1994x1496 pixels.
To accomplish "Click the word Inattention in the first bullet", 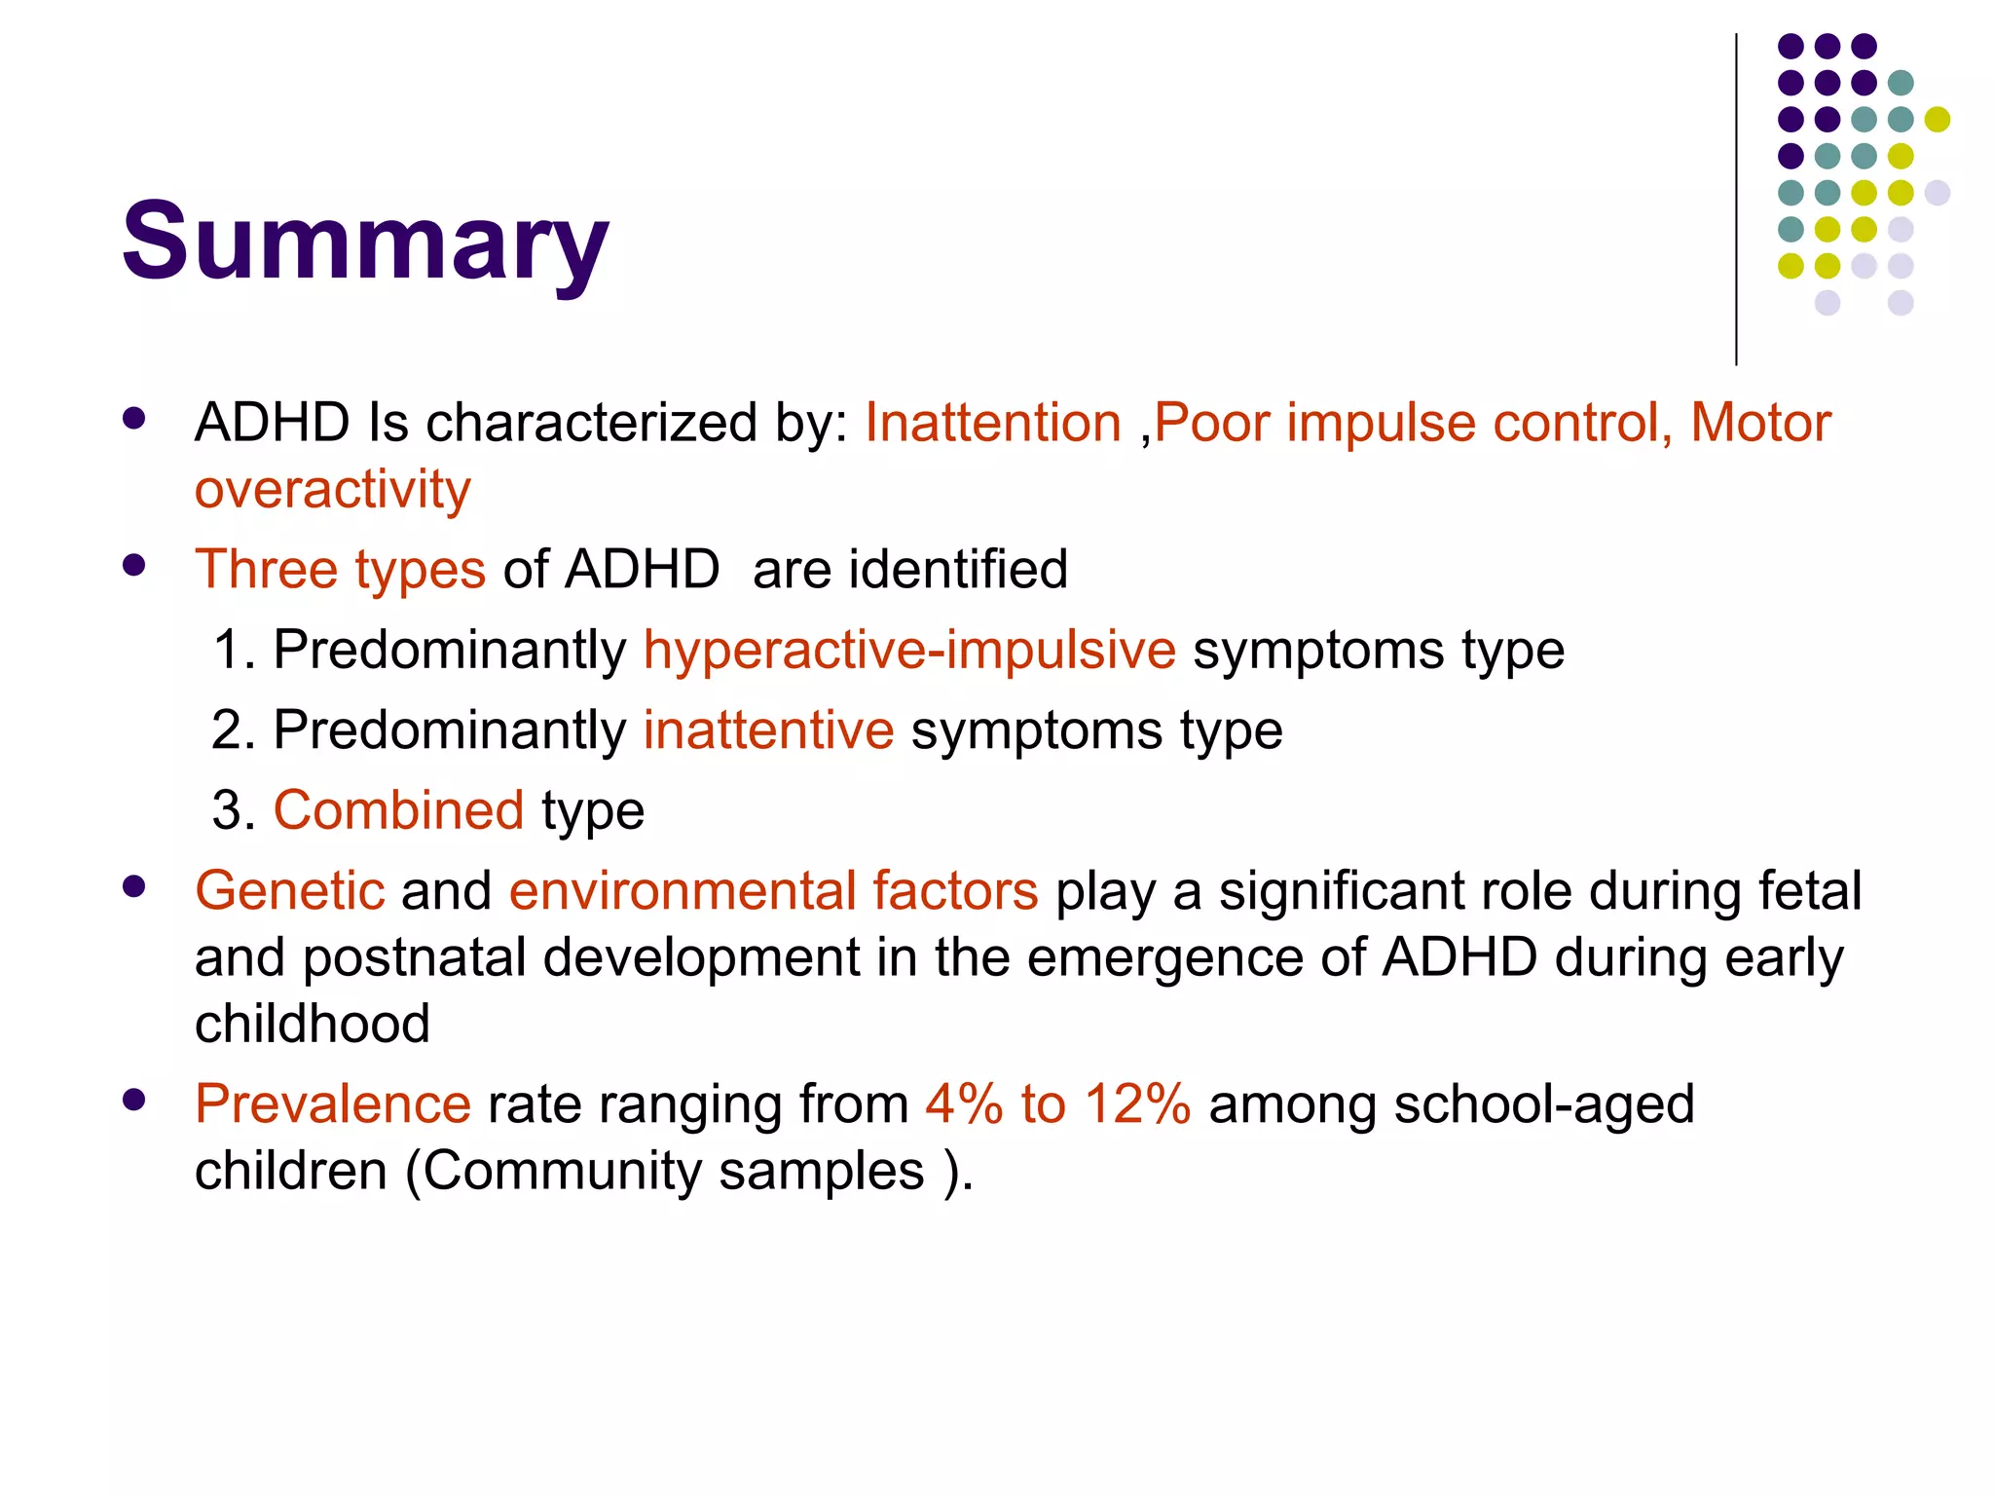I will (x=993, y=423).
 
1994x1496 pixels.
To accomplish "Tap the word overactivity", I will (x=332, y=489).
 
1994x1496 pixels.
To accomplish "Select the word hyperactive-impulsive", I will (x=909, y=650).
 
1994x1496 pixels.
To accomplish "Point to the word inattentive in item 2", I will (x=768, y=729).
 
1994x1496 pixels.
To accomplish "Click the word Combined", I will (x=398, y=810).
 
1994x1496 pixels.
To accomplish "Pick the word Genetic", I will (x=290, y=890).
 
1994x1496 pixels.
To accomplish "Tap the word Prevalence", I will (x=333, y=1103).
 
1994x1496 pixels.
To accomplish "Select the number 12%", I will (x=1137, y=1103).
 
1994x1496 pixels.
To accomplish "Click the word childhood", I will (x=313, y=1024).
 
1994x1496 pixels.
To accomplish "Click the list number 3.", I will (x=231, y=810).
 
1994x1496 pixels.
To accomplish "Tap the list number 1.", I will (x=231, y=650).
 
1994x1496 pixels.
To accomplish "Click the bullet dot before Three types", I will (x=134, y=566).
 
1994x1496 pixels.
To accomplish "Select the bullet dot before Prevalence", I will (x=134, y=1101).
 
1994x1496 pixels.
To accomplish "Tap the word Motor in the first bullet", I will (x=1760, y=423).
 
